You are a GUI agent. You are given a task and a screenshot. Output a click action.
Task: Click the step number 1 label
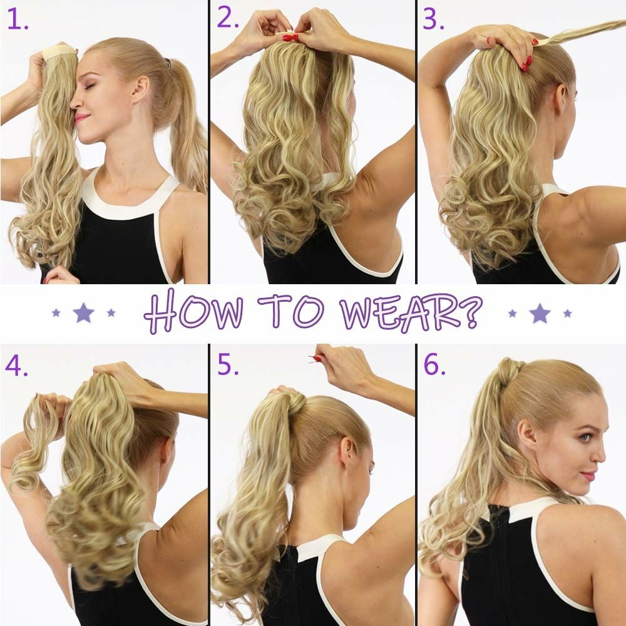pos(18,20)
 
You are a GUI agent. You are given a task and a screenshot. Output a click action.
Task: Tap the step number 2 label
pos(228,18)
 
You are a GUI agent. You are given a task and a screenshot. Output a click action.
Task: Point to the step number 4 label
pos(16,366)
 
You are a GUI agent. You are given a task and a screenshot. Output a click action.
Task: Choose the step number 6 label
pos(434,365)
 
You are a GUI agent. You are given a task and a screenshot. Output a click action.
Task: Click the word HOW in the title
pos(193,311)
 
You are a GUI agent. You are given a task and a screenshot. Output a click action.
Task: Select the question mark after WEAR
pos(471,312)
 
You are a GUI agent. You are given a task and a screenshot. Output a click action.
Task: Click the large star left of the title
pos(83,312)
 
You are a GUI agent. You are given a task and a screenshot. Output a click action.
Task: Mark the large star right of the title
pos(540,313)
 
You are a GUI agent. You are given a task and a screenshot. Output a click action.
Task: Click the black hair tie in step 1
pos(168,63)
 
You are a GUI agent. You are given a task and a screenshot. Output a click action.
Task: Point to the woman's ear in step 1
pos(140,89)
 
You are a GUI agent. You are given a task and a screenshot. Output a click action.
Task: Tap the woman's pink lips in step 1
pos(81,118)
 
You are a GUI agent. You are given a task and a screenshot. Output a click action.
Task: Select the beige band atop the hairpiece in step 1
pos(59,51)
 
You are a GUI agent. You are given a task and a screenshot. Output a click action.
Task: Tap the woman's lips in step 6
pos(588,476)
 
